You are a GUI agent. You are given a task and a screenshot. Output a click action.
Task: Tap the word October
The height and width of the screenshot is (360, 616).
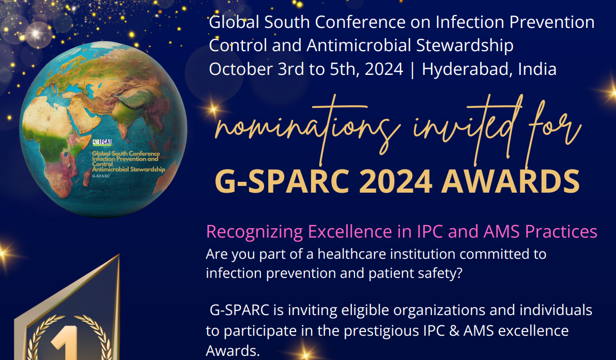pos(241,69)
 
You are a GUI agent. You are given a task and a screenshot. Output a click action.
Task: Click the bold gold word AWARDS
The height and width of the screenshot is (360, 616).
pos(511,181)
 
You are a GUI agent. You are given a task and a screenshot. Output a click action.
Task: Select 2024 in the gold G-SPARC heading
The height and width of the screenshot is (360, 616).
pos(396,181)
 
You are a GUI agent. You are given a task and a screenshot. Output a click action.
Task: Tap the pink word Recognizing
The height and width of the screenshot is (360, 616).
pos(255,232)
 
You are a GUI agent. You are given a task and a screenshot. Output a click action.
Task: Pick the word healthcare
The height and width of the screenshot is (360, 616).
pos(354,254)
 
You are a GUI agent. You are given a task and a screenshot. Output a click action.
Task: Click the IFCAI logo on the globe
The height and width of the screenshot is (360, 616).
pos(102,142)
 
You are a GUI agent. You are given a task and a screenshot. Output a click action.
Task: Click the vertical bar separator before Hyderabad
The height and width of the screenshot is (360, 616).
pos(412,70)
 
